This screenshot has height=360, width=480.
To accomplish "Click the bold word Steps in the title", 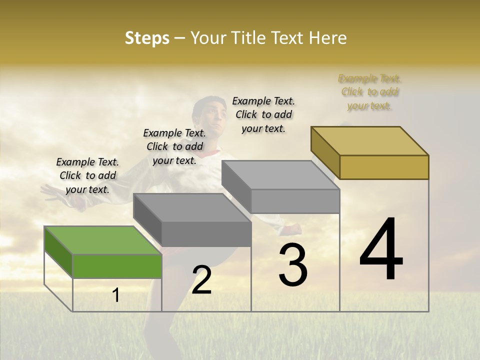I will [146, 38].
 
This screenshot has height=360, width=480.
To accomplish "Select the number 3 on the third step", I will [293, 265].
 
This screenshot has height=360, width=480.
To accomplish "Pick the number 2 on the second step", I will [201, 280].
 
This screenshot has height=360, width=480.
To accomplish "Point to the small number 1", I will [116, 295].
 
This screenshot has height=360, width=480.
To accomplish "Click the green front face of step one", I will [117, 266].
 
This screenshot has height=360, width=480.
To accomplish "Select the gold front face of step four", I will [384, 167].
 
